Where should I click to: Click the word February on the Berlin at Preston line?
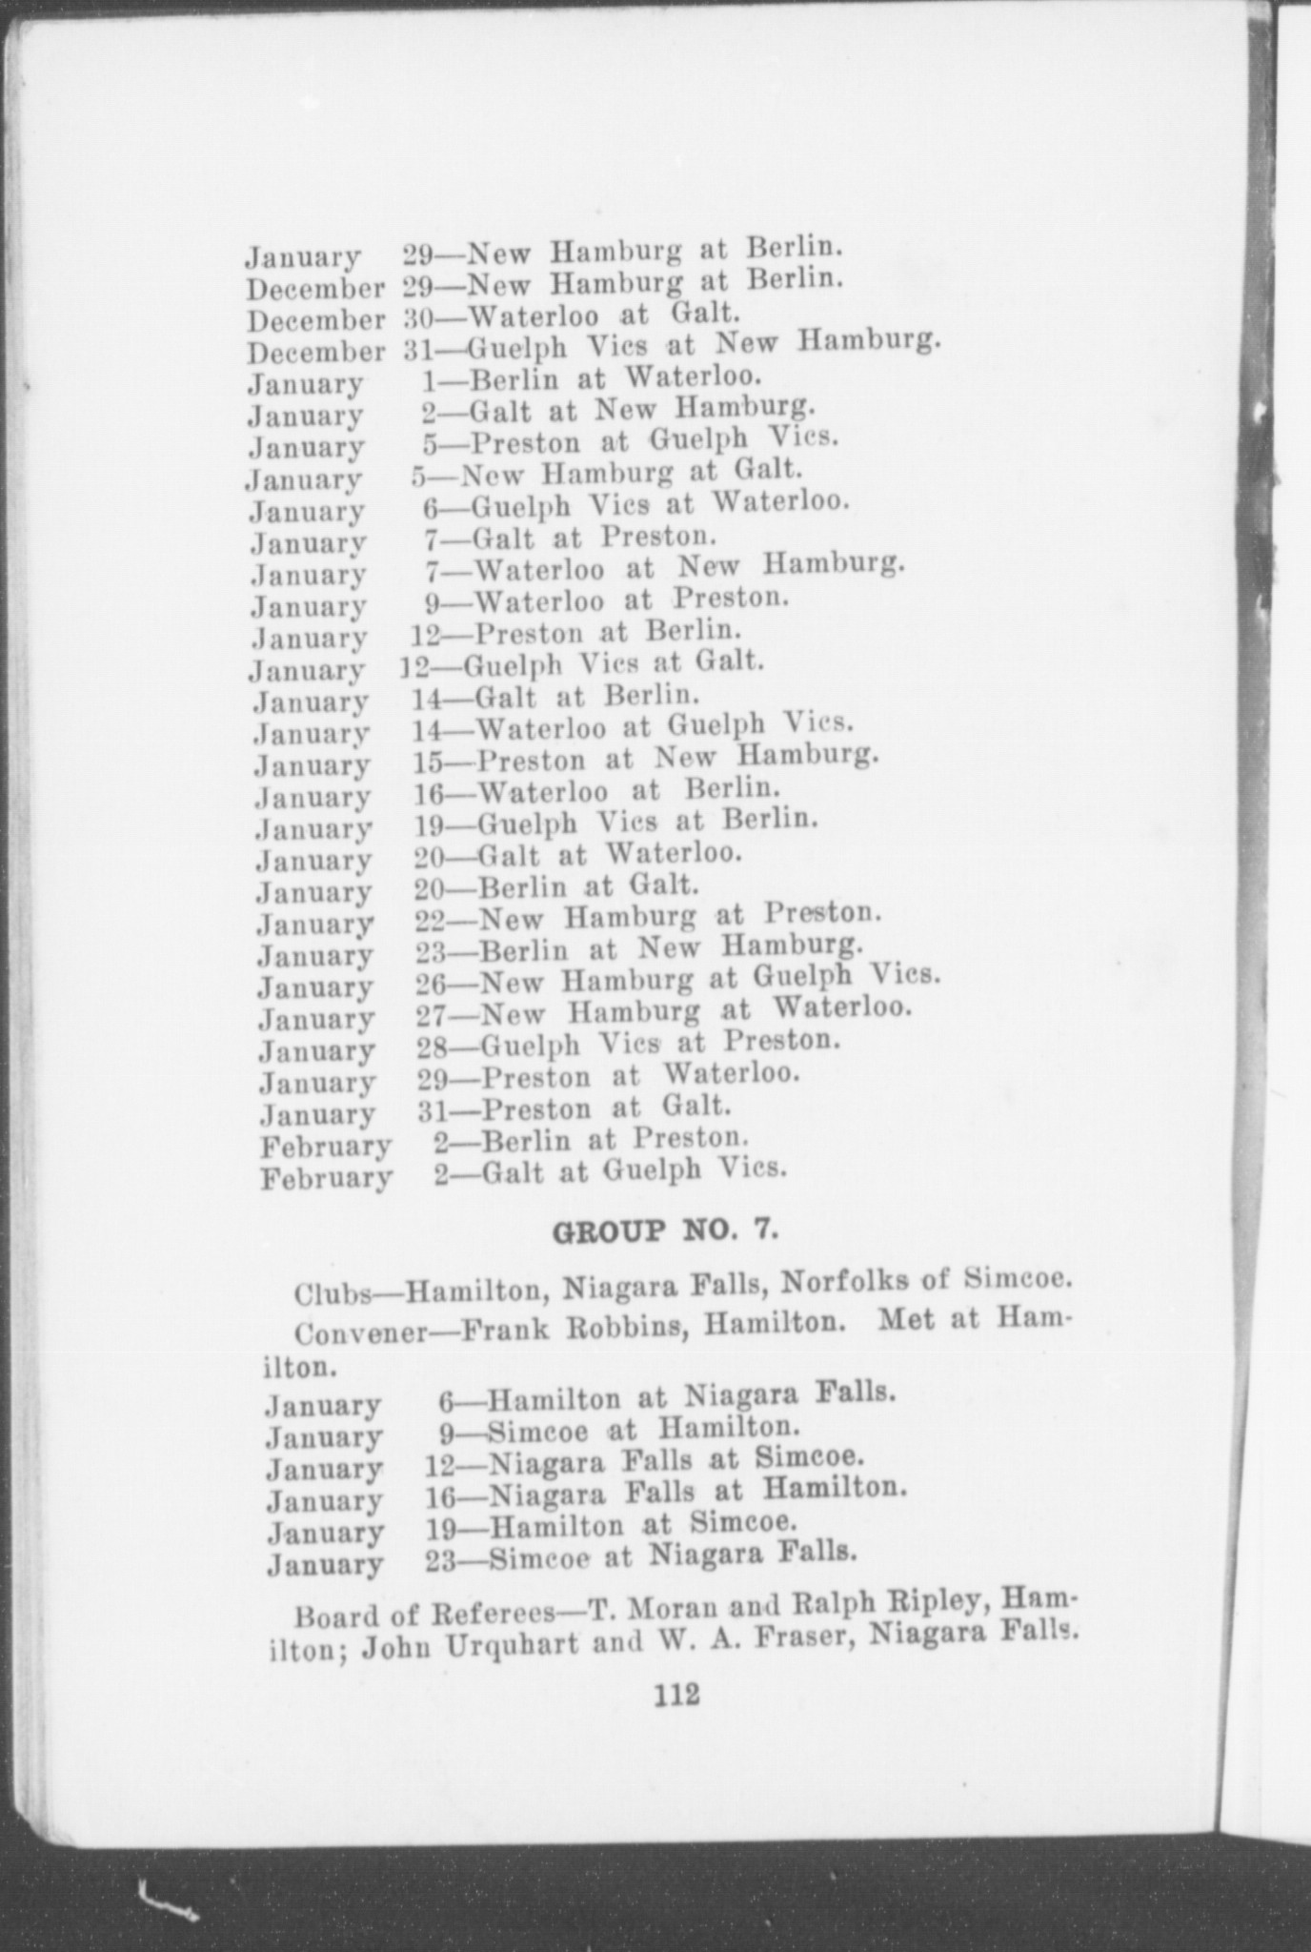(x=325, y=1146)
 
